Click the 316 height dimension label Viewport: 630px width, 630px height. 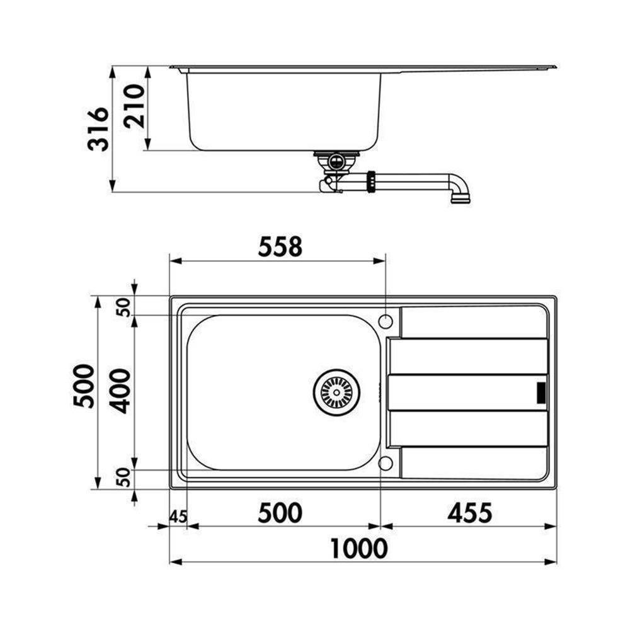click(98, 129)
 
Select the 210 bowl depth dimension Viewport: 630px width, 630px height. click(134, 106)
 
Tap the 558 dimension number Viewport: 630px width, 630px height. click(280, 247)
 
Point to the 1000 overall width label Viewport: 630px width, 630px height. click(359, 549)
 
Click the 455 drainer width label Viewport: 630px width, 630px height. click(470, 513)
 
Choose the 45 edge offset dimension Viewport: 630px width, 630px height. click(178, 517)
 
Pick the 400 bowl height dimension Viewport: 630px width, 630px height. click(120, 392)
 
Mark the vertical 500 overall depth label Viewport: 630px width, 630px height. click(84, 386)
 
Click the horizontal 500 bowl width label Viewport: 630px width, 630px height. click(280, 513)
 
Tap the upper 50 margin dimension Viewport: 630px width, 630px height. click(125, 307)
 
